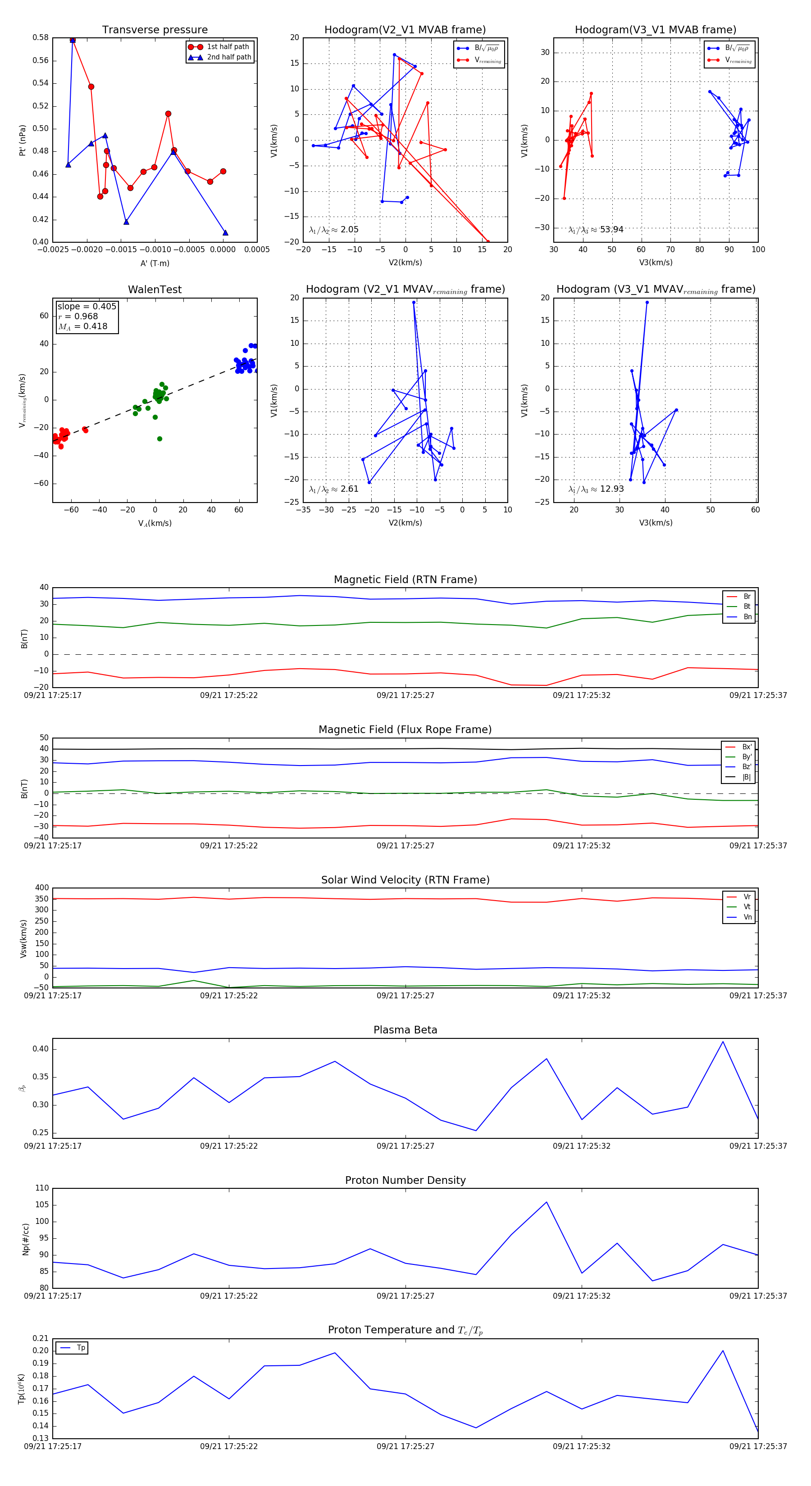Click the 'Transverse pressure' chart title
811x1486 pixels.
(x=155, y=30)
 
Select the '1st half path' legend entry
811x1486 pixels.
(x=228, y=47)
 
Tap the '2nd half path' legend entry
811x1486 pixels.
(x=228, y=57)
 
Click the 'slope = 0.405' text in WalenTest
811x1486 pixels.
(x=87, y=306)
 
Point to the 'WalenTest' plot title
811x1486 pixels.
(x=155, y=290)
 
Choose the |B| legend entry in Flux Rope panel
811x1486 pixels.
(x=746, y=777)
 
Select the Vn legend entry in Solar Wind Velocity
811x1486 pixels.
(x=747, y=917)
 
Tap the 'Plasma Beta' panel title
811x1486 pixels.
(x=405, y=1030)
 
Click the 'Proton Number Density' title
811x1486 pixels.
(x=405, y=1180)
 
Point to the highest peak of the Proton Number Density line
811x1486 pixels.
(x=546, y=1202)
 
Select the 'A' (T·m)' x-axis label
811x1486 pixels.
(x=155, y=263)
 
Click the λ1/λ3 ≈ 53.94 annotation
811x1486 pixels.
(x=596, y=230)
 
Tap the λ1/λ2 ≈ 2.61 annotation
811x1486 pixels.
(x=333, y=489)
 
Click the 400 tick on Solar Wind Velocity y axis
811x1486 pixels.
(x=41, y=888)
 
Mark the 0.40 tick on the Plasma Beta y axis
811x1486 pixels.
(x=41, y=1049)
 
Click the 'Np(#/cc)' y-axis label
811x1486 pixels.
(x=25, y=1239)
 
